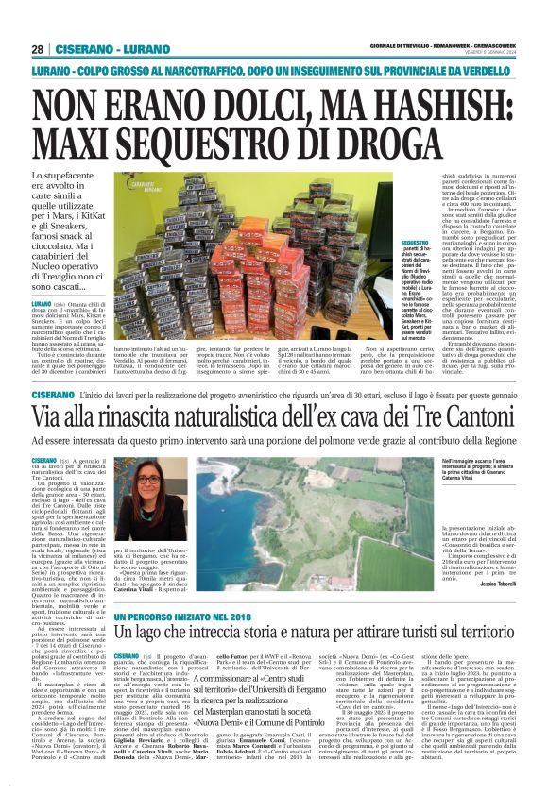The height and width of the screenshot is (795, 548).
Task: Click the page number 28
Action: [37, 48]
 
